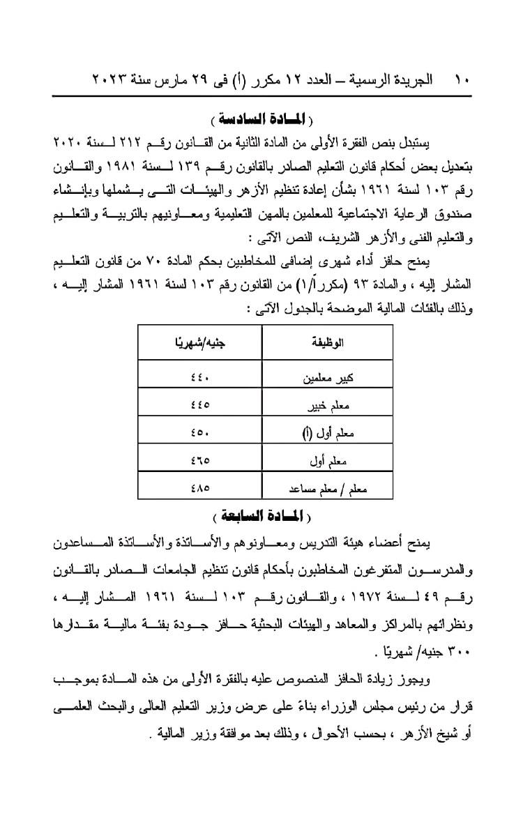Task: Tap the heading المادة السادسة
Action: tap(261, 114)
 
